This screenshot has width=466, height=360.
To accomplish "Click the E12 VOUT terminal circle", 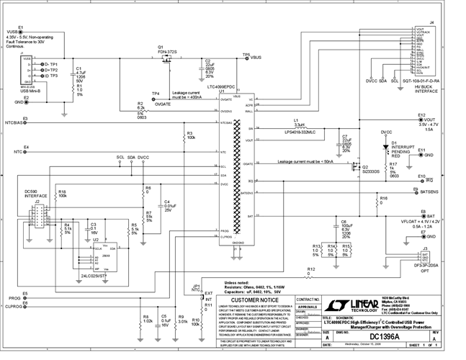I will [422, 120].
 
